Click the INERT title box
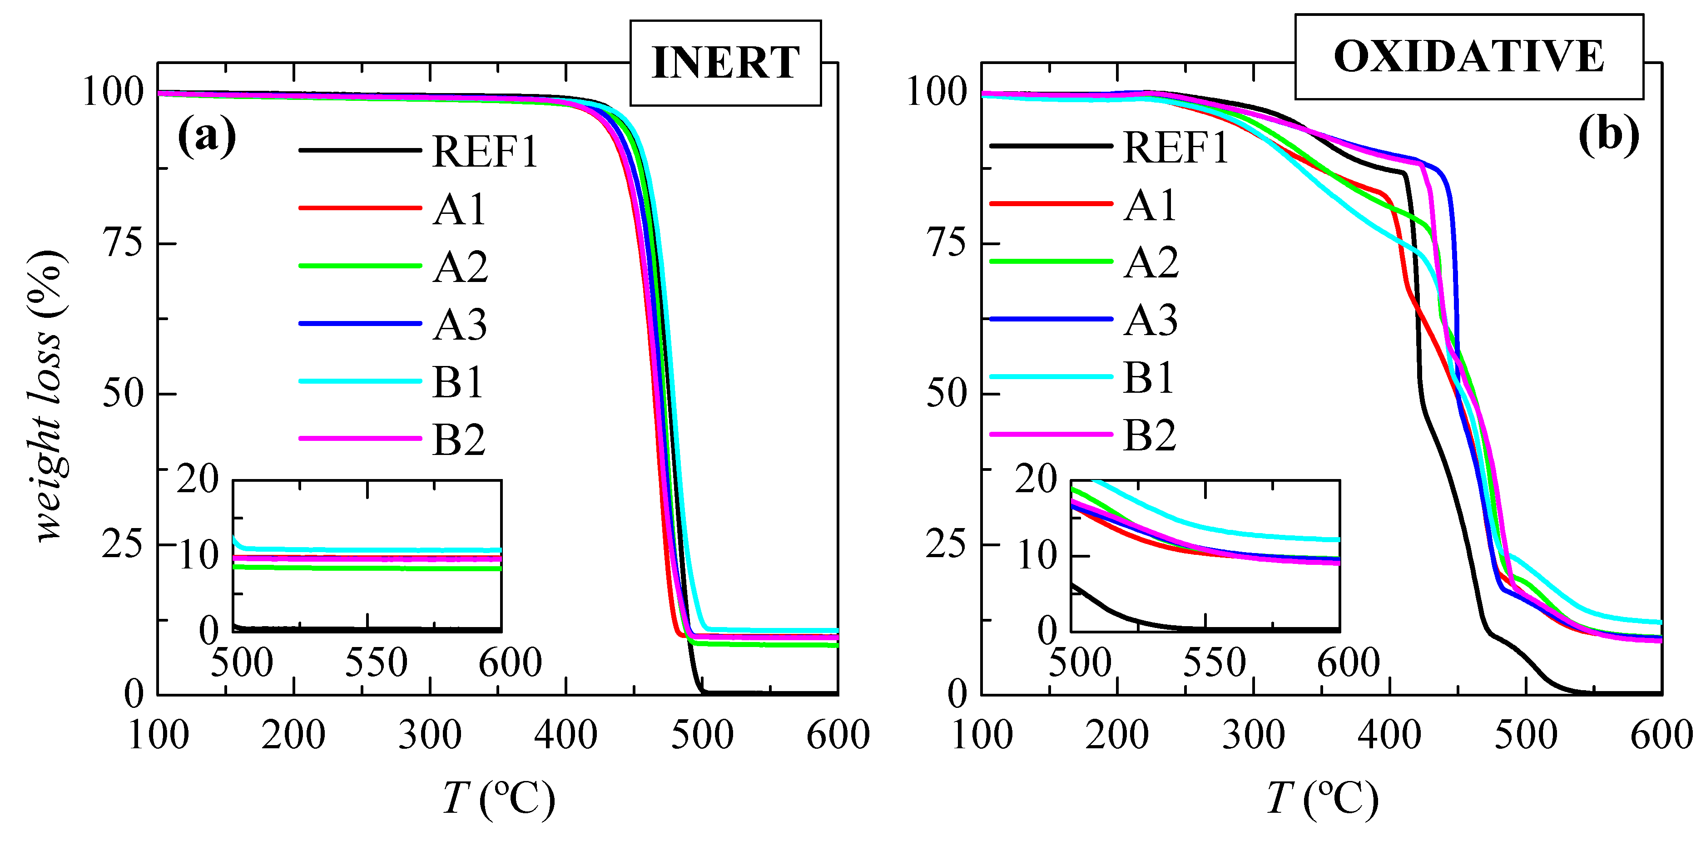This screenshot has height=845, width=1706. point(725,63)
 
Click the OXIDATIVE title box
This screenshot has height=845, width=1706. point(1469,56)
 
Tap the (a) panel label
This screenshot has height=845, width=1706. point(207,136)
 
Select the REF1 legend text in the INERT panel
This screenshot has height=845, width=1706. point(485,151)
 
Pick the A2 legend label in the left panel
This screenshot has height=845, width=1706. point(460,267)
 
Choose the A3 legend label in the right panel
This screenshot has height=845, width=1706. point(1151,321)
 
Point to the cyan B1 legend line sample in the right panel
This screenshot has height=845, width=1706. point(1051,377)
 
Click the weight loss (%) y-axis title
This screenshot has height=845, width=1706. point(48,395)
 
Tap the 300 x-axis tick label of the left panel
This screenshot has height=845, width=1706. point(429,735)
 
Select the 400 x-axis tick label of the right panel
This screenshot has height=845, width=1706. point(1389,735)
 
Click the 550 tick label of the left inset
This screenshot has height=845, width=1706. point(376,662)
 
